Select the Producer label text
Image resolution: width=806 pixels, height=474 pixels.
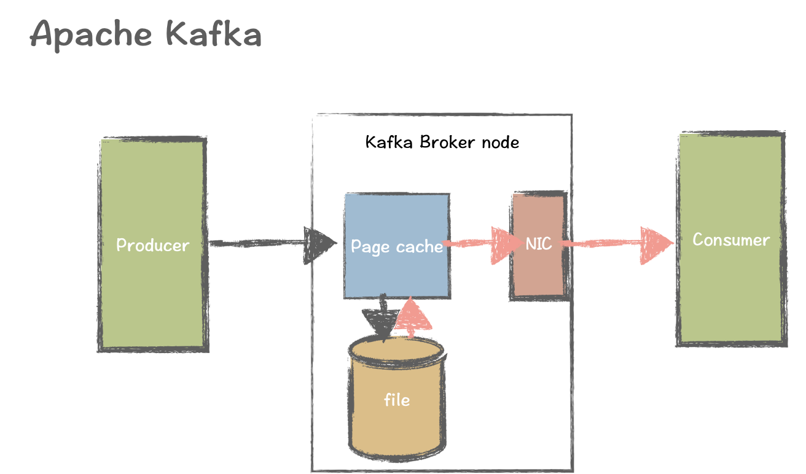pos(152,245)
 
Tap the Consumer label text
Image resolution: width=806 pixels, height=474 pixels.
pos(730,239)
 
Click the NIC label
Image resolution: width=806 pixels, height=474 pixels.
pos(538,244)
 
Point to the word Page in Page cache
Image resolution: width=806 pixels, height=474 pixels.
pos(371,246)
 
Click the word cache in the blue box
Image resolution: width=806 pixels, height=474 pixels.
pos(420,246)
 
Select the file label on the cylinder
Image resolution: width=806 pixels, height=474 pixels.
pos(397,400)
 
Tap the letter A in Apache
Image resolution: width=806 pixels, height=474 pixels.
pos(41,35)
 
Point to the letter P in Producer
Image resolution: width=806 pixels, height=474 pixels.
pos(122,245)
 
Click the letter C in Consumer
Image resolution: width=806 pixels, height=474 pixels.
pos(698,239)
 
